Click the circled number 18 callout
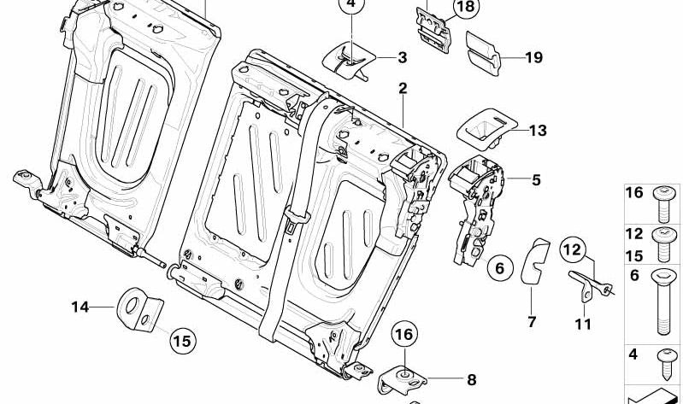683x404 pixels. (466, 9)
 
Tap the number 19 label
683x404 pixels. (534, 58)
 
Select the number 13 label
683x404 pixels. (537, 131)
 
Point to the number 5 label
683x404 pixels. (536, 180)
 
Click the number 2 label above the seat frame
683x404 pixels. (402, 89)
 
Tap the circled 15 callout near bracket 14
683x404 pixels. (180, 341)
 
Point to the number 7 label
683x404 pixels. (531, 322)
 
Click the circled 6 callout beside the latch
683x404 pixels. (502, 268)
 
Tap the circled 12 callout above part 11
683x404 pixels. (575, 250)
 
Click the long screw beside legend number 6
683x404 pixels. (663, 302)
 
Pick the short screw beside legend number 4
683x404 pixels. (663, 362)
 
